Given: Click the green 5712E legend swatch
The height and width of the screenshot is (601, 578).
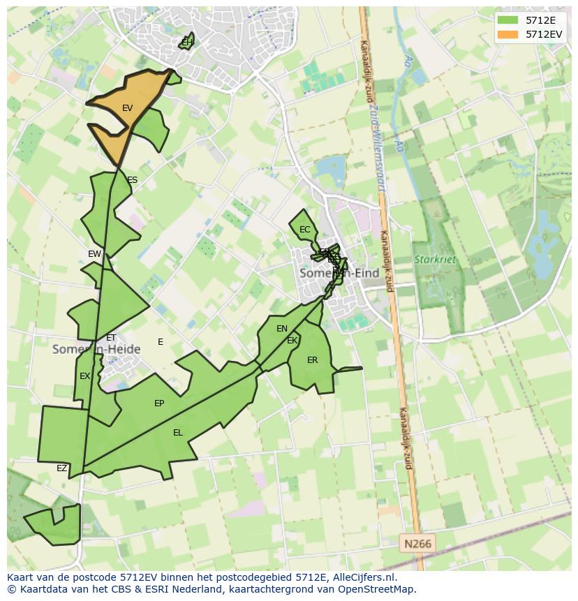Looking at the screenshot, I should [x=507, y=21].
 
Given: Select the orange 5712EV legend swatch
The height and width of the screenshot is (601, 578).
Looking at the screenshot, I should [x=507, y=34].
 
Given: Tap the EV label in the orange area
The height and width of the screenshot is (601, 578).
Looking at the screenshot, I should [x=127, y=108].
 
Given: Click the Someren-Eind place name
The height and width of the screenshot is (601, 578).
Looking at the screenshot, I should [x=339, y=274].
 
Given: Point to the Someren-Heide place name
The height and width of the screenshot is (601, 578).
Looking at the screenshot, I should [x=96, y=349].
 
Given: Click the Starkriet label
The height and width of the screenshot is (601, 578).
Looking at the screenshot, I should [x=435, y=260].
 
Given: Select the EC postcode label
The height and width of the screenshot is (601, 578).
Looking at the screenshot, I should [x=304, y=230].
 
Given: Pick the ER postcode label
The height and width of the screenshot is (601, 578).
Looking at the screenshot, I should [x=312, y=360].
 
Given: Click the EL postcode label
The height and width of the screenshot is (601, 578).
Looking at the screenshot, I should [x=178, y=433].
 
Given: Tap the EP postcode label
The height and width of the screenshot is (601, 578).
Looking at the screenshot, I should [x=159, y=403].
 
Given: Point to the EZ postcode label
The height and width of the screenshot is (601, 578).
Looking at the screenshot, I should [x=62, y=468].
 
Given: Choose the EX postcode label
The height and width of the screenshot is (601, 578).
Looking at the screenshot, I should [x=84, y=376].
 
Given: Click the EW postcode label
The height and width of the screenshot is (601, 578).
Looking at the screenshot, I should [x=94, y=254].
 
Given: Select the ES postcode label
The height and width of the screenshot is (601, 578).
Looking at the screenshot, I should [x=132, y=180].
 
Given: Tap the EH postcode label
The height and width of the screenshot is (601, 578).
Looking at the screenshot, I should [x=186, y=43].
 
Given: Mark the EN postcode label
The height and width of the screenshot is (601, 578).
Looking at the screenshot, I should [x=282, y=329].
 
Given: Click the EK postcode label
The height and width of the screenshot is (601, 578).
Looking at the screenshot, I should [x=292, y=341].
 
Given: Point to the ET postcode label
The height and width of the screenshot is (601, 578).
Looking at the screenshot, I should [x=111, y=338].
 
